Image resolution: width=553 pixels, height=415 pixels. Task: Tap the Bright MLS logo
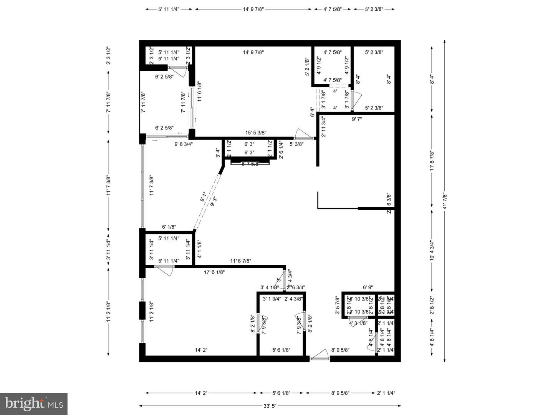pos(34,403)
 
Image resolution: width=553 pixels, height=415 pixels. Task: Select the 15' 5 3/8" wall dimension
pos(256,133)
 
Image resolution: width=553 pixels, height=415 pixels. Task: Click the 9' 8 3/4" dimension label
pos(184,144)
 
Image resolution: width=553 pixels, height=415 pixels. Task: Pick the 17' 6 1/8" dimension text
pos(214,272)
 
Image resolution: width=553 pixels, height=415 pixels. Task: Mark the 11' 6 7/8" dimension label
pos(241,261)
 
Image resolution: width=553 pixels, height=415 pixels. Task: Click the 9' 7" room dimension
pos(357,119)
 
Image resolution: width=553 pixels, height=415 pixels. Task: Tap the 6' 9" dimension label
pos(368,287)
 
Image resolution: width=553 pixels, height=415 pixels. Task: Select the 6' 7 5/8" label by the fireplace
pos(250,164)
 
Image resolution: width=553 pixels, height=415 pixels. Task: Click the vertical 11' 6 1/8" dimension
pos(199,91)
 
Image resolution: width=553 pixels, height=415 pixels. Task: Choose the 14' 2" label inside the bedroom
pos(201,350)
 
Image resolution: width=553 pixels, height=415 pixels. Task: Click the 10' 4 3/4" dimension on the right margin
pos(432,251)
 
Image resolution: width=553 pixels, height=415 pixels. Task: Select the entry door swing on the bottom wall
pos(320,357)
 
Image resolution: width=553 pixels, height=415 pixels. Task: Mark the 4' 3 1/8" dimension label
pos(359,323)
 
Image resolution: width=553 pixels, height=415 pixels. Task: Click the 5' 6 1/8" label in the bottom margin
pos(281,393)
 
